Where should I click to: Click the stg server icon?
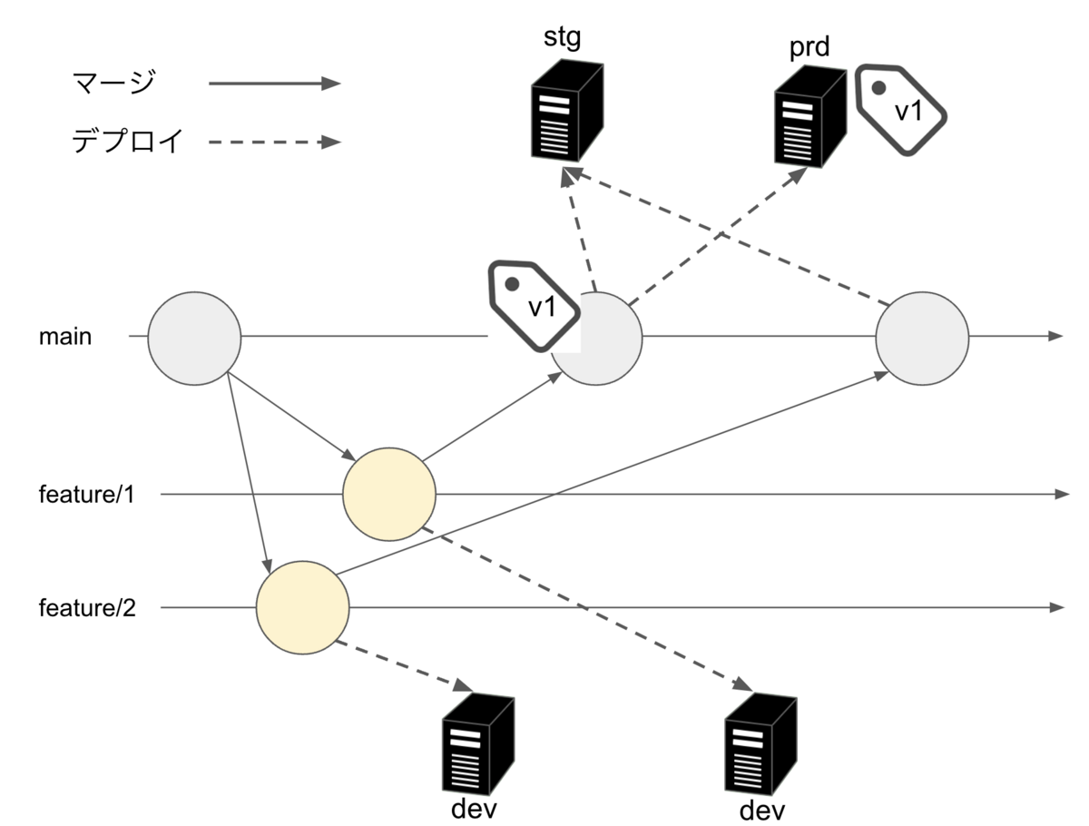coord(566,113)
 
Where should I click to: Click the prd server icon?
coord(810,116)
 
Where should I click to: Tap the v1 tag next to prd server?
coord(901,108)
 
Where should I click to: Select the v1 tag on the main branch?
coord(534,305)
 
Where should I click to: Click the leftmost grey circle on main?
coord(194,338)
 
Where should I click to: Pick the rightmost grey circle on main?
coord(922,338)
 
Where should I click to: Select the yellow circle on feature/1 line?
coord(389,494)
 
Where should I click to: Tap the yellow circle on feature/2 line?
coord(303,606)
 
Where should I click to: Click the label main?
coord(64,338)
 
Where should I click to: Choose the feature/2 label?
coord(87,607)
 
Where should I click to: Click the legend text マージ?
coord(113,84)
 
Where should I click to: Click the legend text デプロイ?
coord(128,142)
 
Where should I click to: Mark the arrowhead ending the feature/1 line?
coord(1063,494)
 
